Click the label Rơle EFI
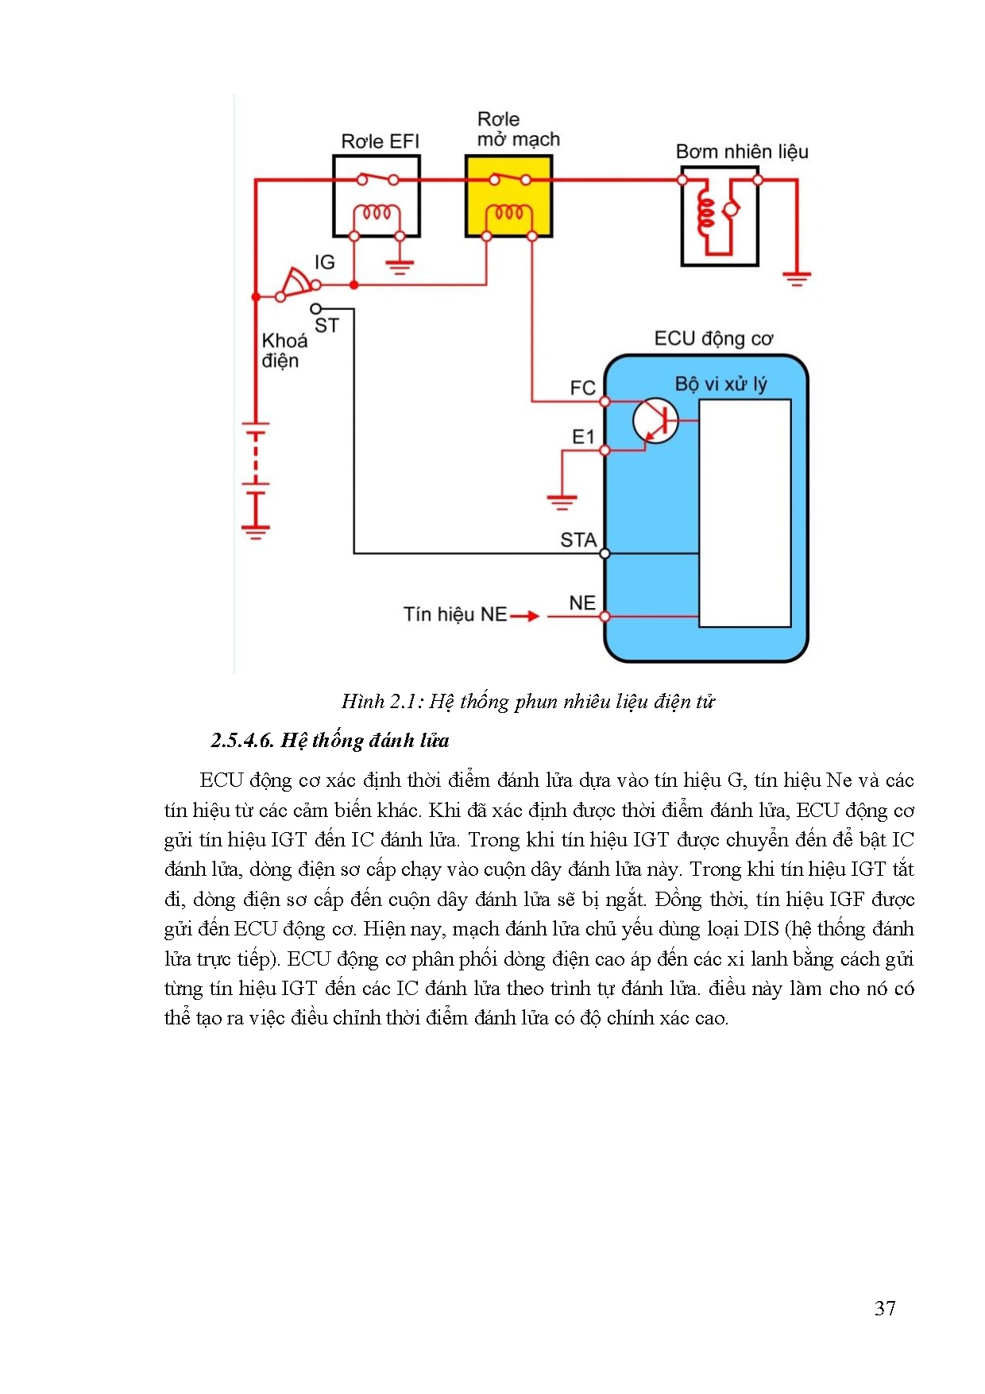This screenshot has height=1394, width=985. click(380, 141)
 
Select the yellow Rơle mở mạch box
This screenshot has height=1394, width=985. click(508, 196)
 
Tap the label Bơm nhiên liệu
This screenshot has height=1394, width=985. click(742, 152)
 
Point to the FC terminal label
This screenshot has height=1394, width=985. click(582, 388)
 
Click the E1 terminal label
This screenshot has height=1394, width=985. click(583, 436)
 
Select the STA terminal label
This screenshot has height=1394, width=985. click(578, 540)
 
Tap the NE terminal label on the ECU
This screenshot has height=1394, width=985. click(582, 603)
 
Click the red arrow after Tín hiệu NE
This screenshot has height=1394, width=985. click(524, 616)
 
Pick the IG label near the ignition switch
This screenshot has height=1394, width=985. click(324, 262)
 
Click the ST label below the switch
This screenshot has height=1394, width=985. click(326, 326)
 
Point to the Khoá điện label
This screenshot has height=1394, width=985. click(284, 350)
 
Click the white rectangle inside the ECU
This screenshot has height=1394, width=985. click(744, 513)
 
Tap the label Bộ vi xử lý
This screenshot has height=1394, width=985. click(720, 385)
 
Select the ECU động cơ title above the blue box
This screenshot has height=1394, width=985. click(713, 339)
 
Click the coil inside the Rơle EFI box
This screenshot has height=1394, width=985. click(377, 213)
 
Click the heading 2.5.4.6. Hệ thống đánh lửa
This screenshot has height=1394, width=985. click(330, 741)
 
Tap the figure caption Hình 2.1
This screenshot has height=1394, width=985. click(528, 702)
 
